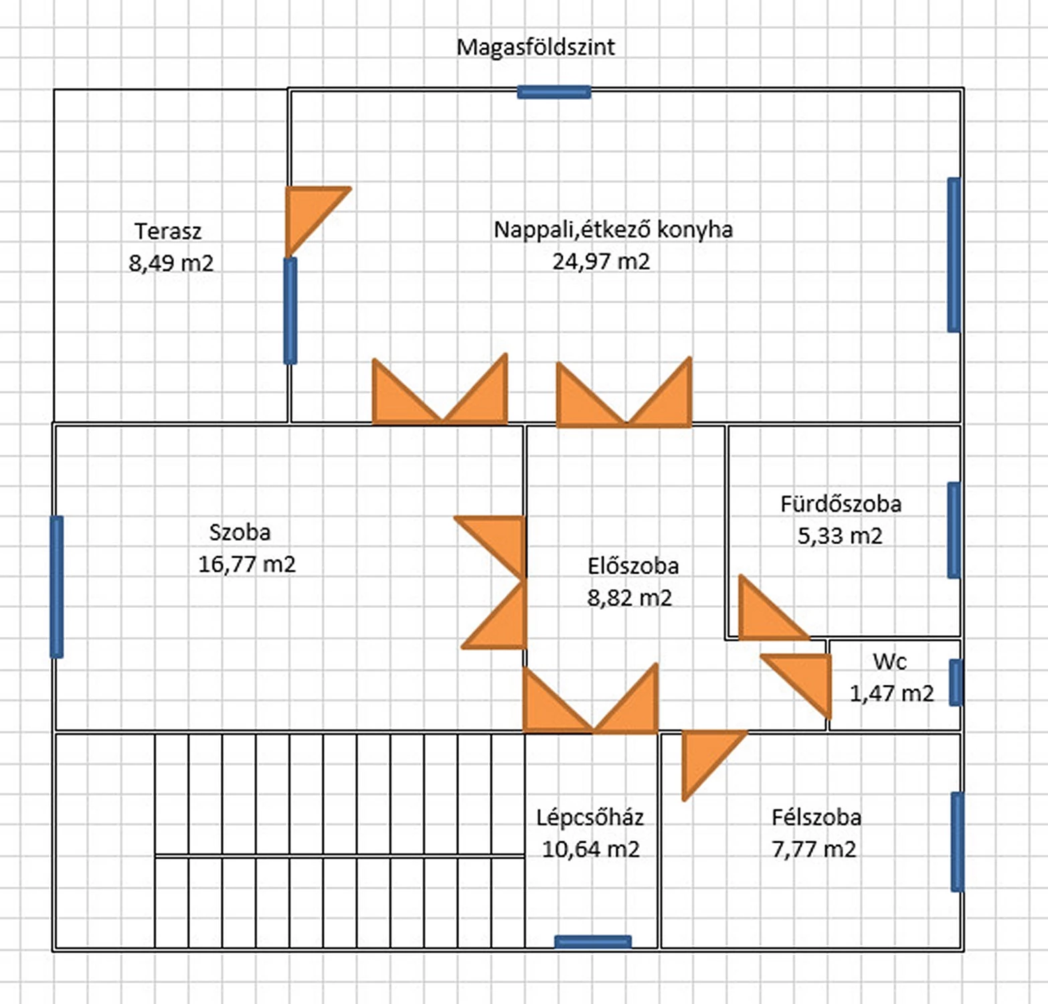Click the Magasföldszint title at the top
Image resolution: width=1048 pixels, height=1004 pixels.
[535, 48]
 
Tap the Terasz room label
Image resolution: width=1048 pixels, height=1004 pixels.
[168, 232]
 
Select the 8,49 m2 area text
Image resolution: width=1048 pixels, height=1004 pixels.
[171, 263]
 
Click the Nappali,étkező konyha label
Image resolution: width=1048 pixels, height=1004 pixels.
[613, 230]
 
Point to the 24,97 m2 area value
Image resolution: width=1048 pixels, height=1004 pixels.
[601, 261]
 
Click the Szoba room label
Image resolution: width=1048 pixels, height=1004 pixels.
[240, 533]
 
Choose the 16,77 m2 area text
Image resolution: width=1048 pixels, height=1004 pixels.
[247, 564]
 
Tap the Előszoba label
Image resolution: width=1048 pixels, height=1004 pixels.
[633, 566]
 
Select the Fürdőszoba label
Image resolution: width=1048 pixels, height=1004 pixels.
[841, 504]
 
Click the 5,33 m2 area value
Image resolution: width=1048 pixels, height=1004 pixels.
[840, 536]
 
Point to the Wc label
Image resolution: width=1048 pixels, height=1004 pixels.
[889, 662]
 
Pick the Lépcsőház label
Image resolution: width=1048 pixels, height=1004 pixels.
[590, 817]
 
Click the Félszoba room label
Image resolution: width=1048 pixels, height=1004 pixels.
[816, 817]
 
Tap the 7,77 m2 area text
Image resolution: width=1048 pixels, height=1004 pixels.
[814, 849]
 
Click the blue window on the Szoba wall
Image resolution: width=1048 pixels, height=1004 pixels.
[57, 586]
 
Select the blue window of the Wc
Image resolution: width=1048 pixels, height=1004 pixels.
[956, 683]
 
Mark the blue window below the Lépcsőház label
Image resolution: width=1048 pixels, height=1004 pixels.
[593, 942]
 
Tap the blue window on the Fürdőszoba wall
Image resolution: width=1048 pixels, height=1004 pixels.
[954, 530]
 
